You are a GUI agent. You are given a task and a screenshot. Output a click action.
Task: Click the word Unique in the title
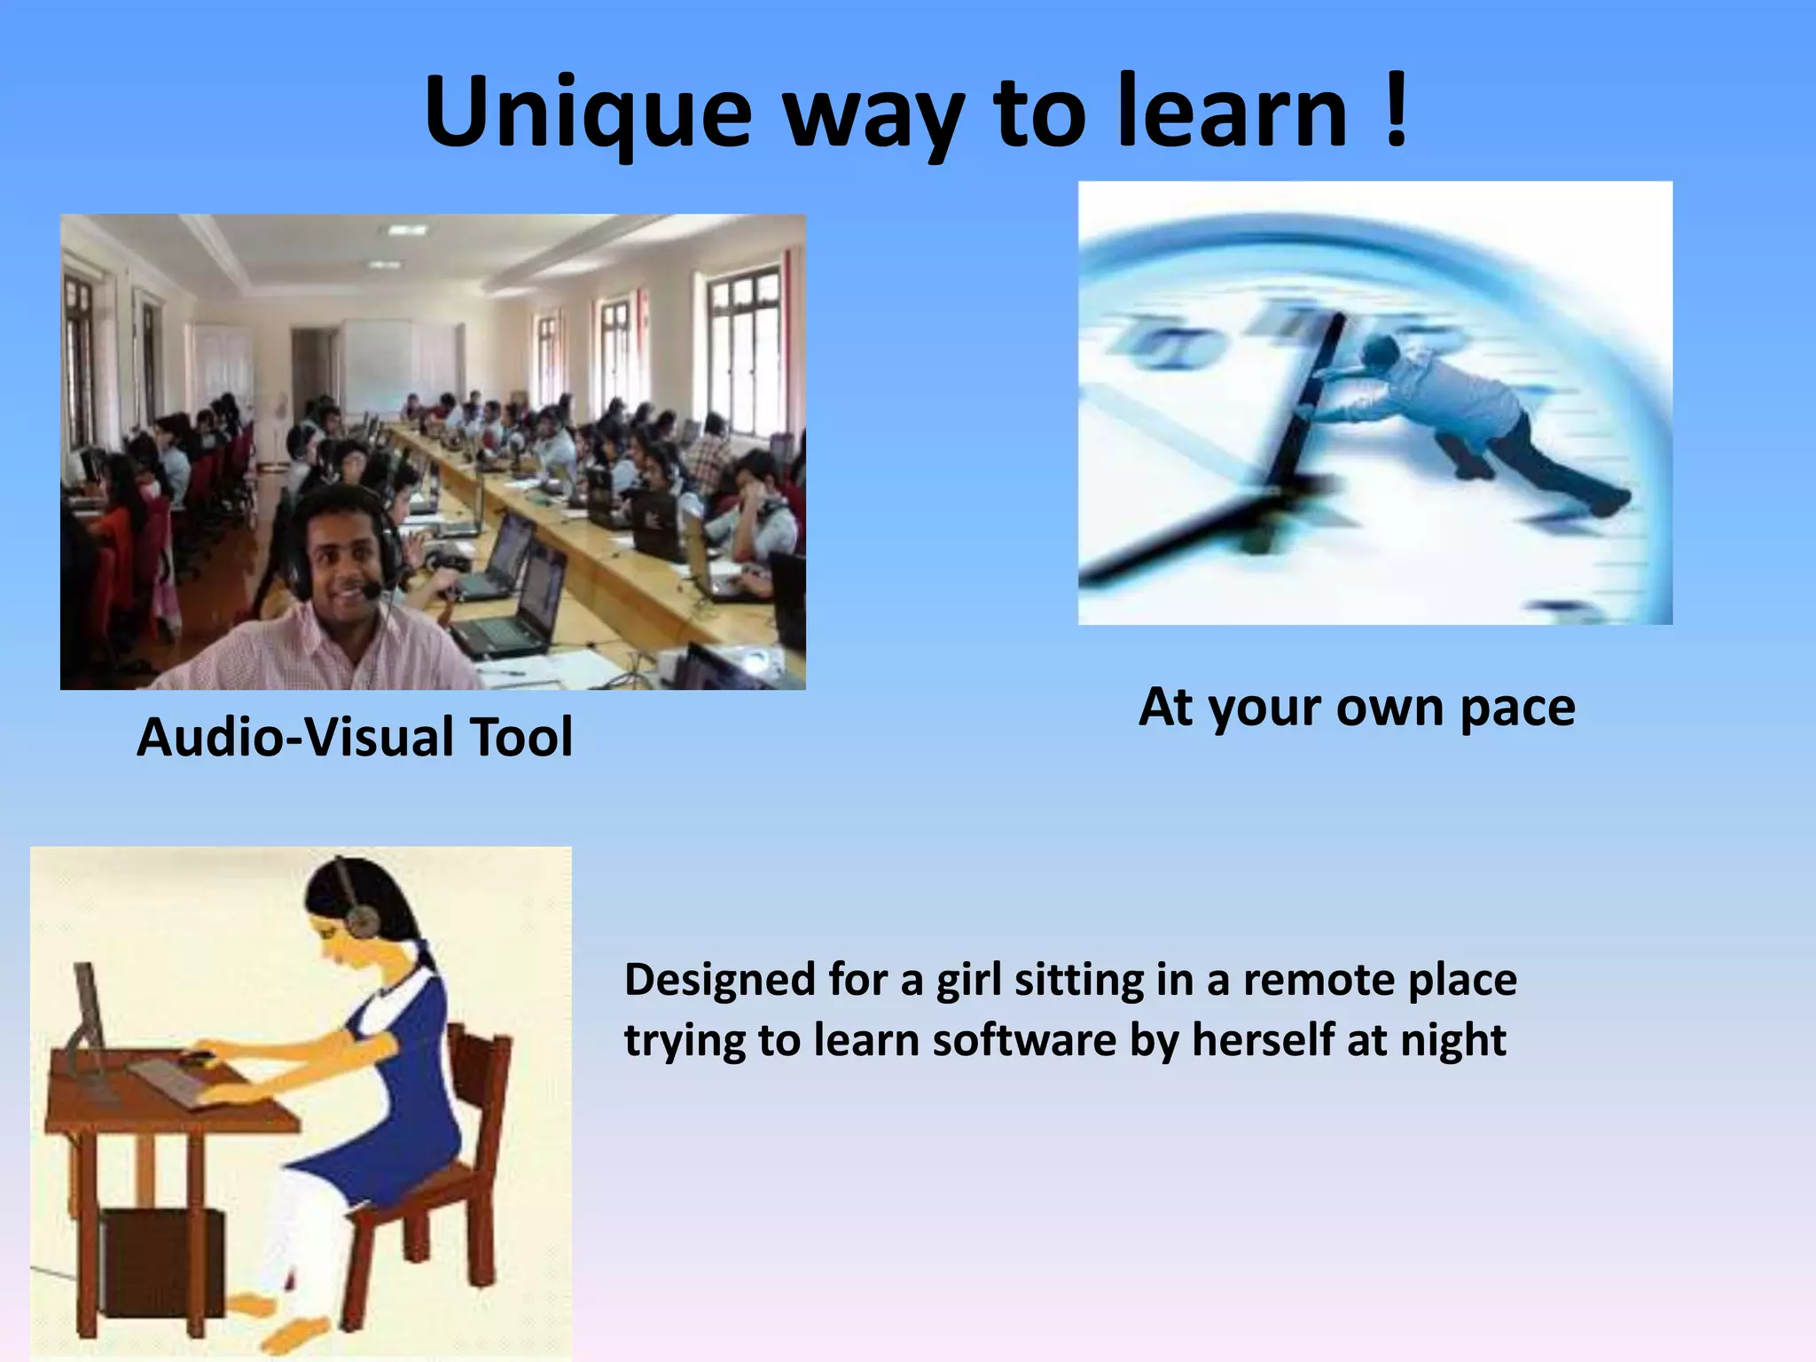588,113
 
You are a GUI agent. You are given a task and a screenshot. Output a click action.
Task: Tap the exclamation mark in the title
1395,110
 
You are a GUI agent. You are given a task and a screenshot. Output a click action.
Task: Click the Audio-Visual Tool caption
355,737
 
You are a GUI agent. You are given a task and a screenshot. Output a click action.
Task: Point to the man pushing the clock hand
1454,417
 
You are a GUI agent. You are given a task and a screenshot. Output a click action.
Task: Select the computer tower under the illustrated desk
160,1264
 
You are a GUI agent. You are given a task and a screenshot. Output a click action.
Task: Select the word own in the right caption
1390,708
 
